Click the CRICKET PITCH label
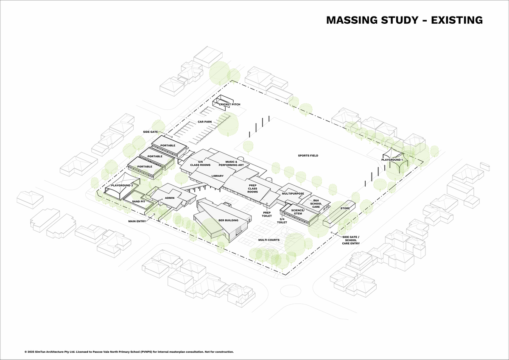[x=229, y=104]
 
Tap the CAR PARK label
[x=205, y=122]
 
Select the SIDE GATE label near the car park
[x=151, y=132]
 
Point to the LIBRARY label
[x=218, y=176]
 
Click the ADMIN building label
[x=170, y=198]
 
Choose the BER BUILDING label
[x=228, y=220]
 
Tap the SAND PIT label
[x=139, y=201]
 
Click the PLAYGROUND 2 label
[x=122, y=185]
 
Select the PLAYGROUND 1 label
[x=392, y=160]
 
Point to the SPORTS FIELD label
[x=308, y=156]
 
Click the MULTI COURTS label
[x=269, y=240]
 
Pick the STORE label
[x=345, y=208]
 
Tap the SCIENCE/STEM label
[x=298, y=212]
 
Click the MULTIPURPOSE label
[x=293, y=193]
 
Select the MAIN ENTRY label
[x=137, y=221]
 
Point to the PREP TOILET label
[x=267, y=214]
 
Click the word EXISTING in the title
[x=457, y=20]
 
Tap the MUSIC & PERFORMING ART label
[x=231, y=164]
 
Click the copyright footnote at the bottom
[x=129, y=352]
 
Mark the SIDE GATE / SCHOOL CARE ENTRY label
[x=351, y=240]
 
